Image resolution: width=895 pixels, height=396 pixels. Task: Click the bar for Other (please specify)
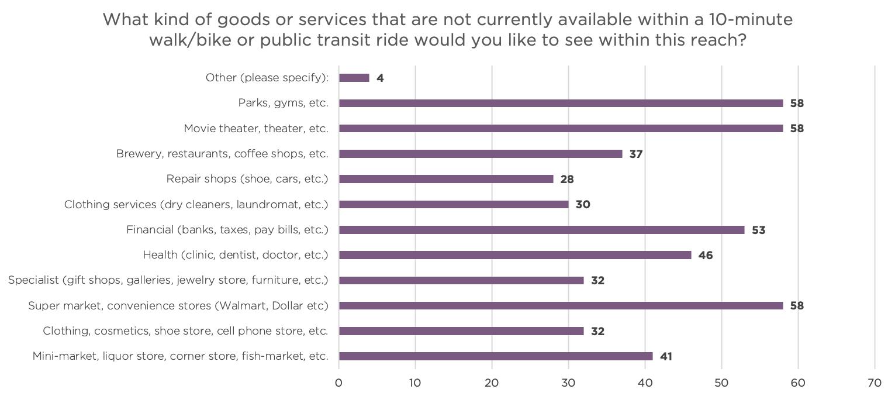[x=354, y=78]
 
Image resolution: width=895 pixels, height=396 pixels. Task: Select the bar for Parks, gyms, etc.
[x=561, y=103]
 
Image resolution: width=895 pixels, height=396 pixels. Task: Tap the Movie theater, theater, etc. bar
[x=561, y=129]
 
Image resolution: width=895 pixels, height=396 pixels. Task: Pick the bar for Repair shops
[x=446, y=179]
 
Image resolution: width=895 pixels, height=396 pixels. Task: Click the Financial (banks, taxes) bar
[x=541, y=230]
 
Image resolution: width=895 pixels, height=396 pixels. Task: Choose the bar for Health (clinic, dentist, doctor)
[x=515, y=255]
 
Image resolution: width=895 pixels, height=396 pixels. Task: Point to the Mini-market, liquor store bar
[x=496, y=356]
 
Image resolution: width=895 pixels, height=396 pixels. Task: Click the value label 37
[x=636, y=154]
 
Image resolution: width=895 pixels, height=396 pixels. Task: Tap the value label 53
[x=758, y=230]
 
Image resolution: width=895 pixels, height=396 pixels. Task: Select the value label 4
[x=380, y=78]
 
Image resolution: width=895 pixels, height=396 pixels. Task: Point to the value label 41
[x=666, y=357]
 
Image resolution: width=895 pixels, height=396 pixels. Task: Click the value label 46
[x=705, y=256]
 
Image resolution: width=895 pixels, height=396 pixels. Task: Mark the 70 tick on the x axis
[x=875, y=383]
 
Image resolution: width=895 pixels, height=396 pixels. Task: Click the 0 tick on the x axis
[x=339, y=383]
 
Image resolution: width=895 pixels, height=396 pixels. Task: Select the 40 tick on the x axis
[x=645, y=383]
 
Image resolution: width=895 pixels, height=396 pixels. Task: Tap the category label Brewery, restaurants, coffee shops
[x=222, y=154]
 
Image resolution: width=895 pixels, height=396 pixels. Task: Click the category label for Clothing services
[x=196, y=205]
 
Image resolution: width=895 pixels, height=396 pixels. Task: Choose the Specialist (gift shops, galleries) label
[x=168, y=280]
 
